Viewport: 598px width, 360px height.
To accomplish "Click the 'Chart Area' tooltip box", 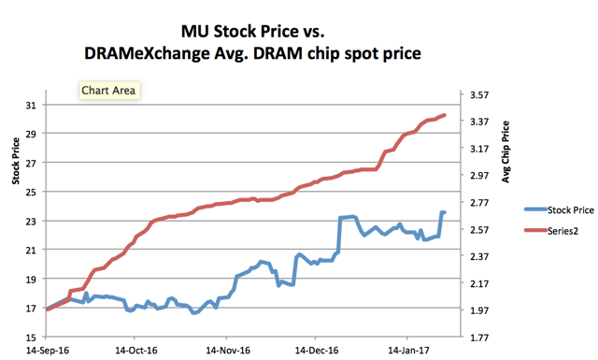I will [x=108, y=92].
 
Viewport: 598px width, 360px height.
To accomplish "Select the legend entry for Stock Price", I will [x=558, y=210].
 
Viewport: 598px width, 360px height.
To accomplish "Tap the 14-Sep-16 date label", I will [x=44, y=352].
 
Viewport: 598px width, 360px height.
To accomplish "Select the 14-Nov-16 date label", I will [x=226, y=352].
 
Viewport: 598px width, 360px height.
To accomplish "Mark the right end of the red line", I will [x=445, y=115].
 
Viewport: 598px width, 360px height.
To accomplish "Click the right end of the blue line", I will [x=444, y=212].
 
